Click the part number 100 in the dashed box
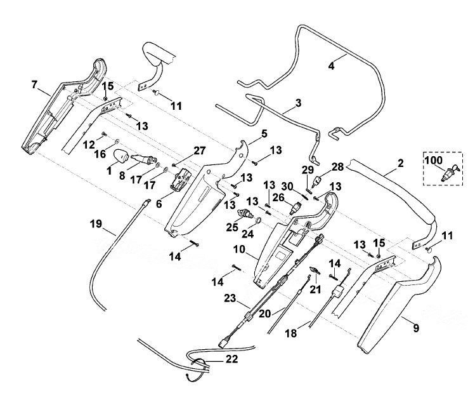point(433,160)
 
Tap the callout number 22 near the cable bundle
point(232,359)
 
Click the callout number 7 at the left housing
point(34,84)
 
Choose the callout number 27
point(200,150)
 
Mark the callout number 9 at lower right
point(416,328)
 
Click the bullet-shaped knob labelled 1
point(121,156)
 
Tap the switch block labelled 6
point(181,180)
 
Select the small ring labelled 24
point(259,220)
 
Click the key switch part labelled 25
point(245,214)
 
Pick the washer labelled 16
point(117,140)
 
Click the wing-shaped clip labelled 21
point(315,270)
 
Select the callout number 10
point(239,250)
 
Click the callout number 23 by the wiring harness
point(230,298)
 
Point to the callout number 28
point(337,166)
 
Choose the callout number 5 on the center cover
point(264,133)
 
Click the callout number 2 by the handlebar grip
point(400,163)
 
